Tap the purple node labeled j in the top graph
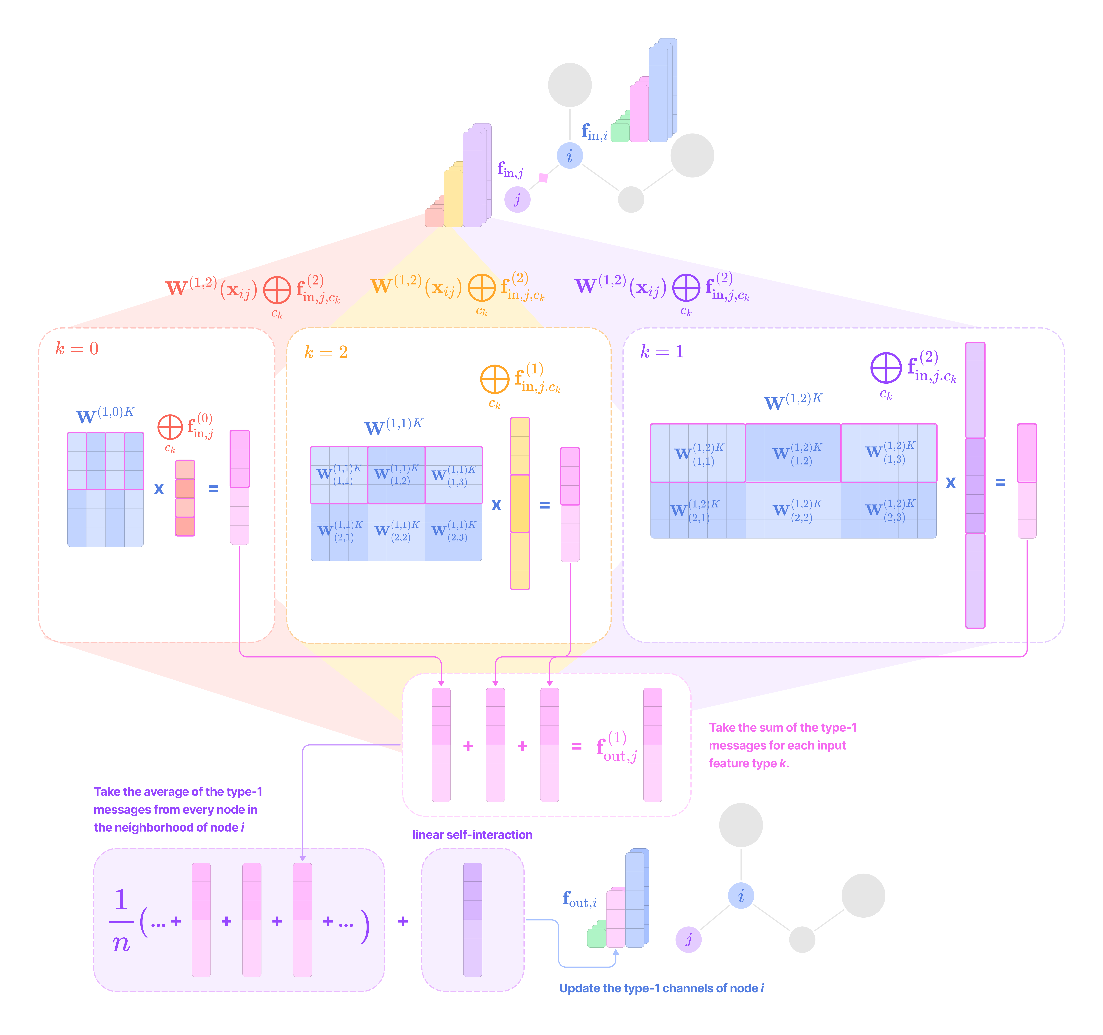click(517, 199)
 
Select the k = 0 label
click(77, 349)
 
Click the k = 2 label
click(326, 352)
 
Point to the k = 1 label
click(661, 351)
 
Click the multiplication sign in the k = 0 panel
click(159, 489)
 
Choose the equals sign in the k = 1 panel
click(1000, 483)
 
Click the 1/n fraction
click(121, 921)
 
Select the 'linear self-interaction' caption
click(472, 835)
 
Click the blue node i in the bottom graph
click(741, 896)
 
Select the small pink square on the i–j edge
click(543, 178)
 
